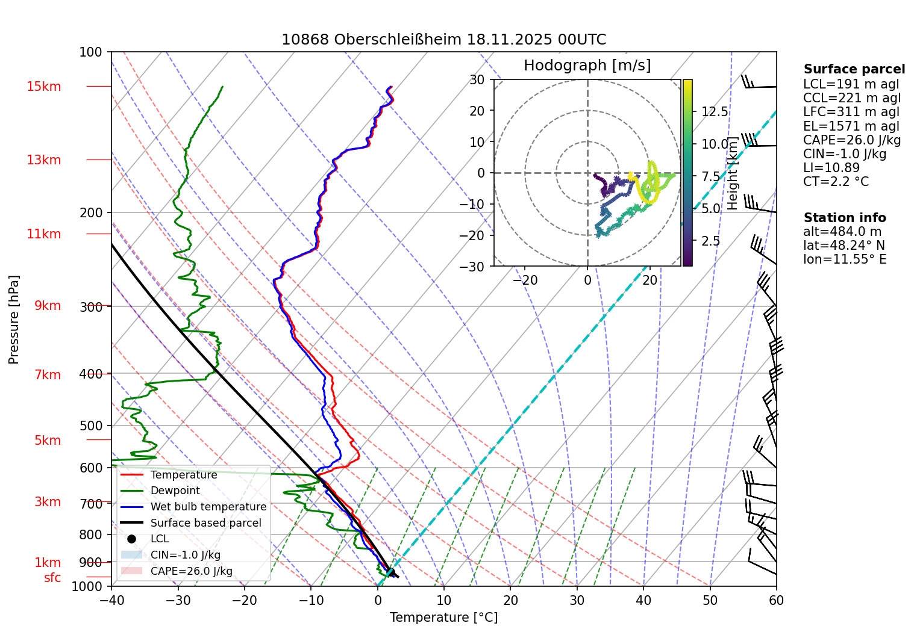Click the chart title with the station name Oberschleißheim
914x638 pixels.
pos(443,40)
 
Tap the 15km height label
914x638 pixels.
pos(43,87)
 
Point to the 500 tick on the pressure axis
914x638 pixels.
pos(91,426)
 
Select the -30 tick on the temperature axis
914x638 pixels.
pos(178,600)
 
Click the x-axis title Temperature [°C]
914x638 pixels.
pos(443,618)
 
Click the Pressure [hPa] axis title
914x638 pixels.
pos(14,320)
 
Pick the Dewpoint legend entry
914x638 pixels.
pos(175,491)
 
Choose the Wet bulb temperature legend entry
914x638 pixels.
pos(208,507)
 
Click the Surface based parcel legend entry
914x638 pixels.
pos(205,523)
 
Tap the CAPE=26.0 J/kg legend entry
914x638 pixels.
pos(191,571)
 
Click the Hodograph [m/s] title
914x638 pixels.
pos(587,66)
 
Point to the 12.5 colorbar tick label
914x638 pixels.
pos(715,112)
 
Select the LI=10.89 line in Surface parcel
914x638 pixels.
pos(831,168)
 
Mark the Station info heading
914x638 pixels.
pos(845,218)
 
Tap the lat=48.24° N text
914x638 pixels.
pos(844,246)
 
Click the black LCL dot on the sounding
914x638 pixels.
pos(390,572)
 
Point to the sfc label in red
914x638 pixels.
pos(52,578)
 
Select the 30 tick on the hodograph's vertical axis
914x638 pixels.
pos(477,79)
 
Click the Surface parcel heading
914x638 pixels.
pos(854,69)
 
